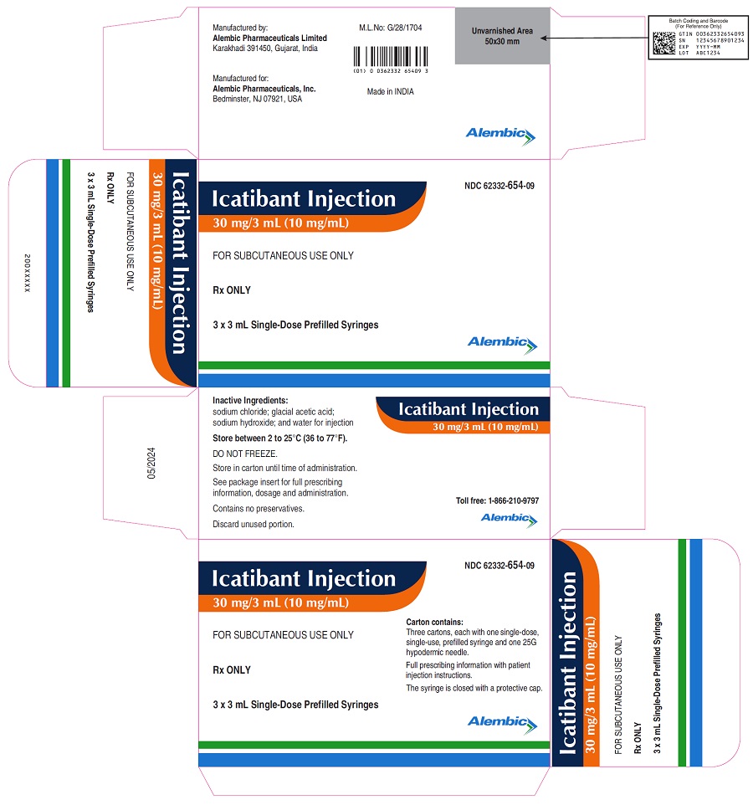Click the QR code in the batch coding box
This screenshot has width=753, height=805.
[x=663, y=44]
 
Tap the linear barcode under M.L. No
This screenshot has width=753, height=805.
[x=391, y=57]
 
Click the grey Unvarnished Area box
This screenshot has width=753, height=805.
[x=502, y=36]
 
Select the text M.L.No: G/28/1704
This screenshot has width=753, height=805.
[x=390, y=28]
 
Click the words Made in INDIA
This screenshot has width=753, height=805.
[x=390, y=91]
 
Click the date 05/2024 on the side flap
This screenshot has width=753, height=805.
[x=151, y=463]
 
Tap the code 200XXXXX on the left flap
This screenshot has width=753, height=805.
[x=28, y=273]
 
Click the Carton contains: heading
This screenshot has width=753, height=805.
[x=434, y=622]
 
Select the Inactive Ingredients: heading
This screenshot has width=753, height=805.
[x=250, y=401]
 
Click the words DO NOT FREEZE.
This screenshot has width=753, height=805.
[x=245, y=454]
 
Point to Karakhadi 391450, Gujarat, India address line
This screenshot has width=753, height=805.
[x=265, y=49]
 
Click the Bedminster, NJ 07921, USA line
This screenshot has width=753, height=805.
[x=257, y=99]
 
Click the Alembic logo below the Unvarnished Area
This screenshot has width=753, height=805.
[x=500, y=136]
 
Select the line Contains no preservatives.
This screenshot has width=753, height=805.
[x=259, y=509]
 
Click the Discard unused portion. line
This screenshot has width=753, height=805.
[x=254, y=524]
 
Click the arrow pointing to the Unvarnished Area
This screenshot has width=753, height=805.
[x=594, y=38]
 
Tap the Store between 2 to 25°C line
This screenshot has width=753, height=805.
[x=280, y=438]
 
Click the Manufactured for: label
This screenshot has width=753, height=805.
[x=241, y=79]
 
